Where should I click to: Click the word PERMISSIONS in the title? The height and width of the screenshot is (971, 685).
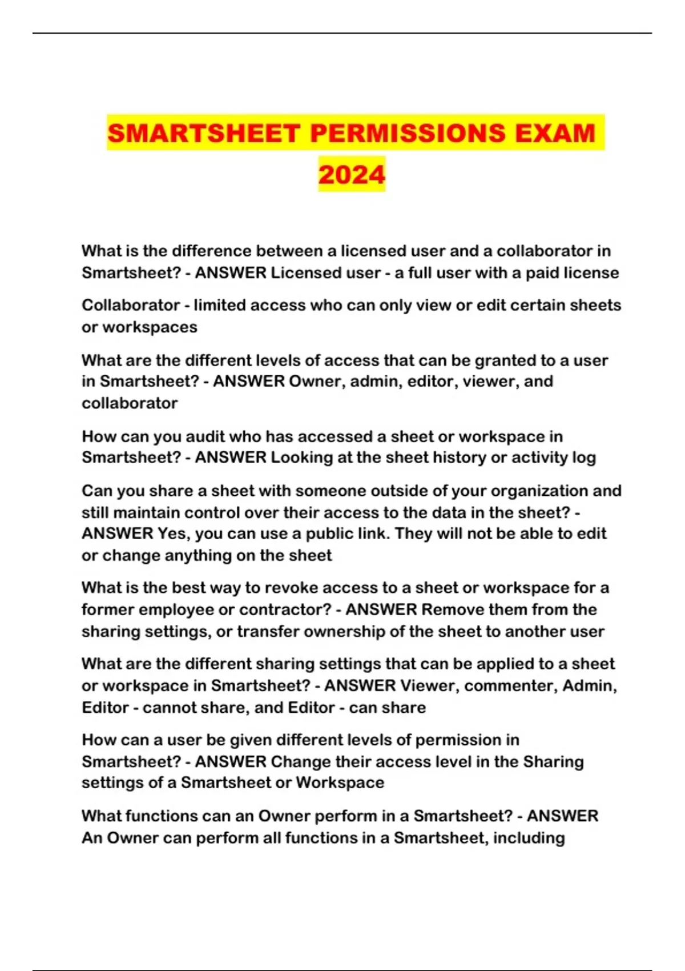[x=408, y=133]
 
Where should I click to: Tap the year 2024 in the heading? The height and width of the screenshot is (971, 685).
[x=352, y=175]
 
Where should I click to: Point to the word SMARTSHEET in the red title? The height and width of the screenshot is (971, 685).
[x=204, y=133]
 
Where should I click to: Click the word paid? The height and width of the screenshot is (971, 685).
[x=542, y=273]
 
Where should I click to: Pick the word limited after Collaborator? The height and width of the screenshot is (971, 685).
[x=220, y=306]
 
